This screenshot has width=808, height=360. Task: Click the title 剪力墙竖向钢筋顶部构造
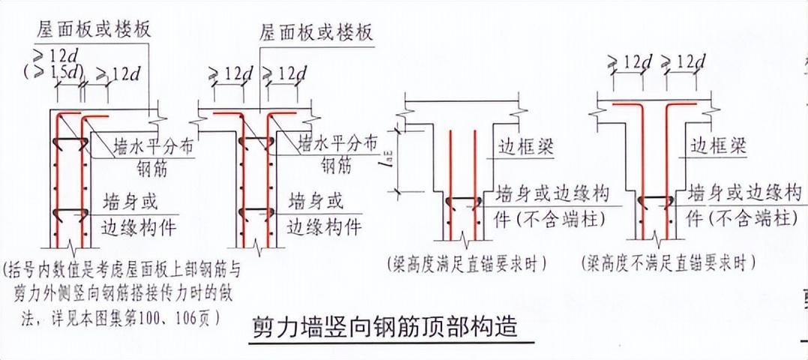(x=382, y=328)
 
